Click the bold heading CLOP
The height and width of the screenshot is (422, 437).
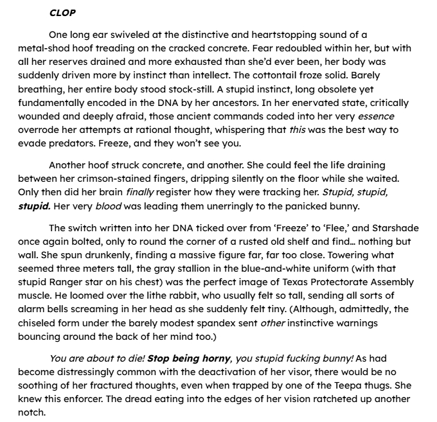tap(62, 12)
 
